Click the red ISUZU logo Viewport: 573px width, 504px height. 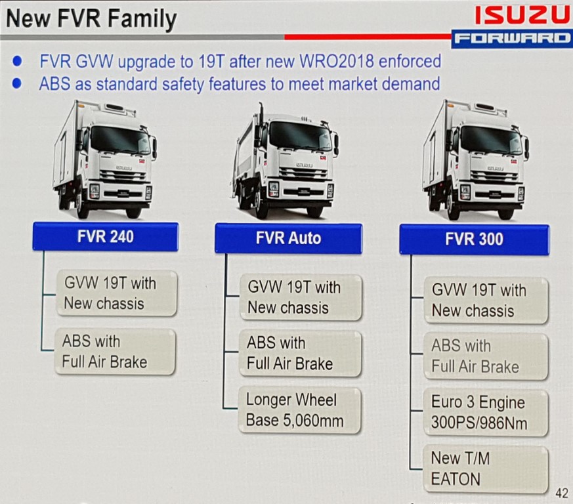point(522,16)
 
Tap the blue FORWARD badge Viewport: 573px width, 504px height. point(511,39)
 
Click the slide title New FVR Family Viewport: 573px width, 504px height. point(91,18)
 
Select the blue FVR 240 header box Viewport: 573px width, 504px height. point(106,236)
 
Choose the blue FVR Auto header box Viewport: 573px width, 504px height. point(289,238)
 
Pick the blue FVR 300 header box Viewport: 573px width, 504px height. point(475,240)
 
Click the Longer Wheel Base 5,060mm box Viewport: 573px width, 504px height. point(299,410)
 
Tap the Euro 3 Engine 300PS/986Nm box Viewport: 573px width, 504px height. point(486,413)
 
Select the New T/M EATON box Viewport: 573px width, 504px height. point(486,469)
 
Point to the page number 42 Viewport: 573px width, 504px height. point(562,493)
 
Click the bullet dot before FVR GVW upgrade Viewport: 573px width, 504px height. point(17,61)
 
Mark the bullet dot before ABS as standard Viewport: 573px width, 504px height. point(17,84)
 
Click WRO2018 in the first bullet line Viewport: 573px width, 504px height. point(337,61)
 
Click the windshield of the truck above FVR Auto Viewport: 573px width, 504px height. point(301,136)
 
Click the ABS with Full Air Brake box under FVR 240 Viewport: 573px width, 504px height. point(115,352)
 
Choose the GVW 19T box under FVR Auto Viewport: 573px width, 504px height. point(301,297)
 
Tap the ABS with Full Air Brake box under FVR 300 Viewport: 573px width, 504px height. point(486,356)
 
